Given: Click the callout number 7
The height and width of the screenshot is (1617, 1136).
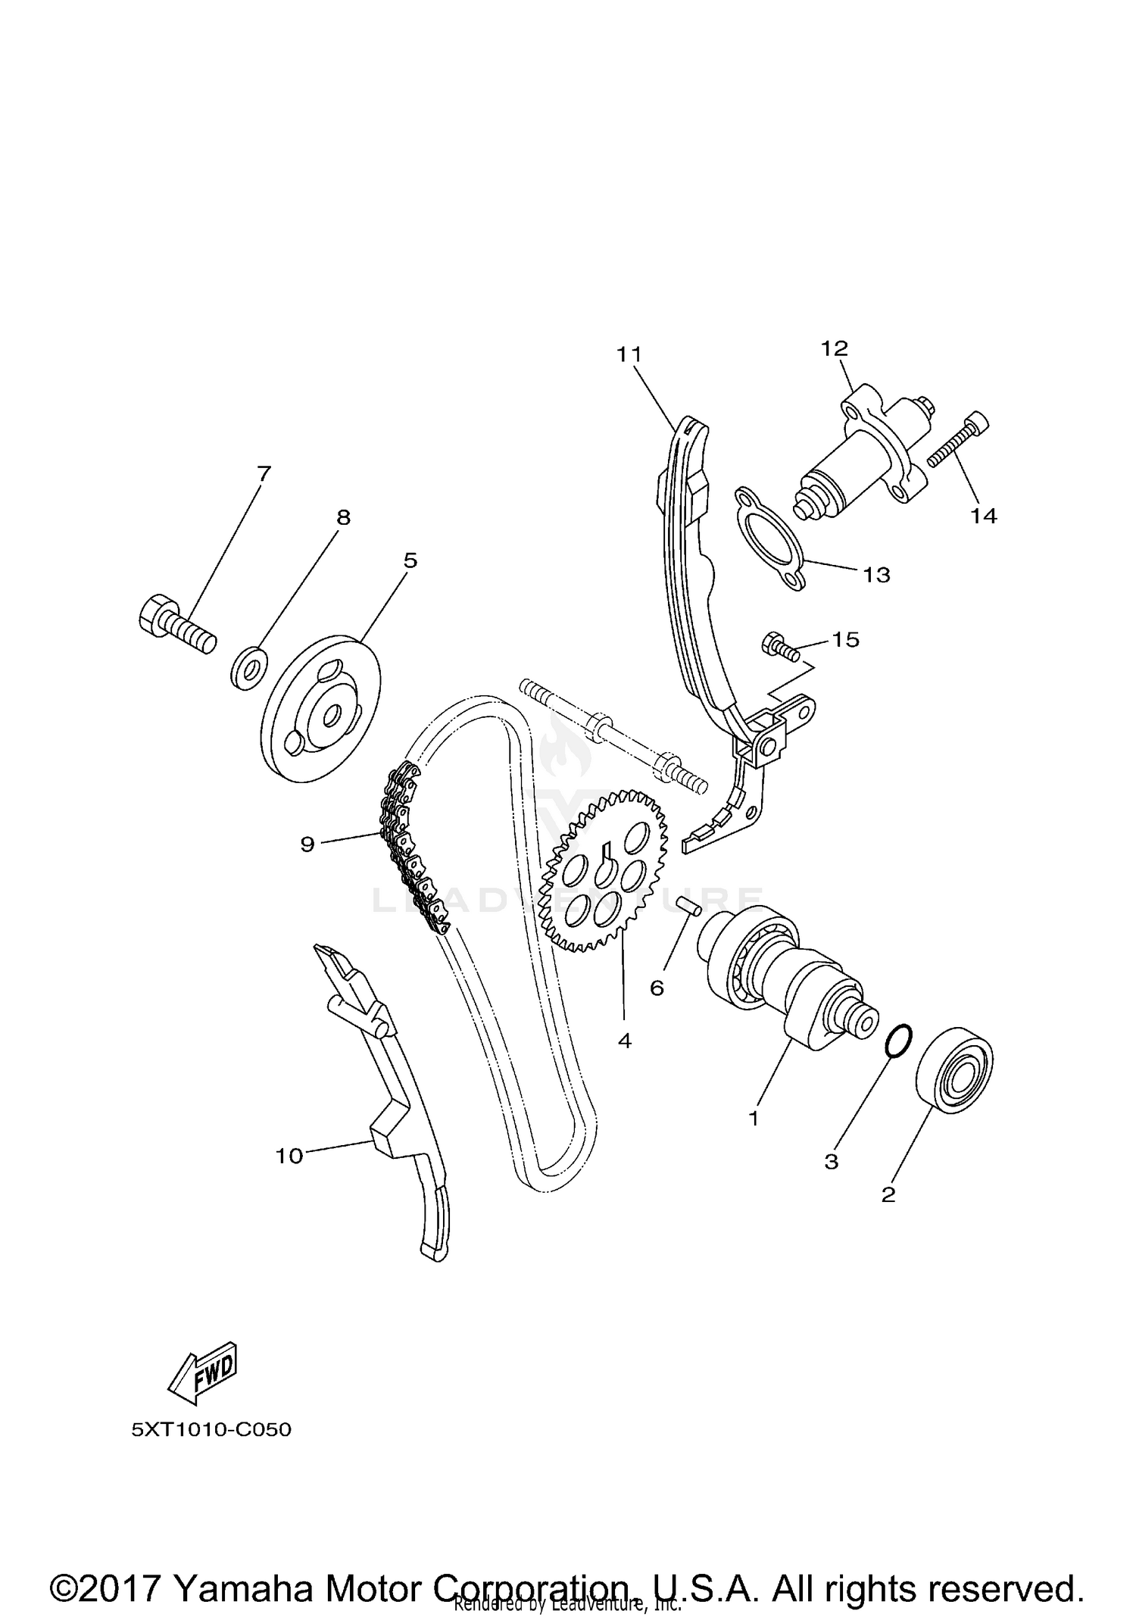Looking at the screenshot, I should (x=263, y=474).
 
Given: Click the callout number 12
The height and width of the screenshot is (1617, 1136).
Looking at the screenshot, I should (x=835, y=348).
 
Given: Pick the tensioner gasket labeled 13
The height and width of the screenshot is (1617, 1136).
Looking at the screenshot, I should (x=769, y=538).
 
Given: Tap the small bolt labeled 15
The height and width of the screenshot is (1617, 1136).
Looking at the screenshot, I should (x=780, y=646).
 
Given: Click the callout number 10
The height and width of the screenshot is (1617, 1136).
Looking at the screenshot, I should (x=289, y=1156).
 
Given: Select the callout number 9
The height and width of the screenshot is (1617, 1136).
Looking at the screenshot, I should (x=307, y=844).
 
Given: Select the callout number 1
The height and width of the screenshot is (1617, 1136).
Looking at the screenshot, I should (x=754, y=1118).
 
